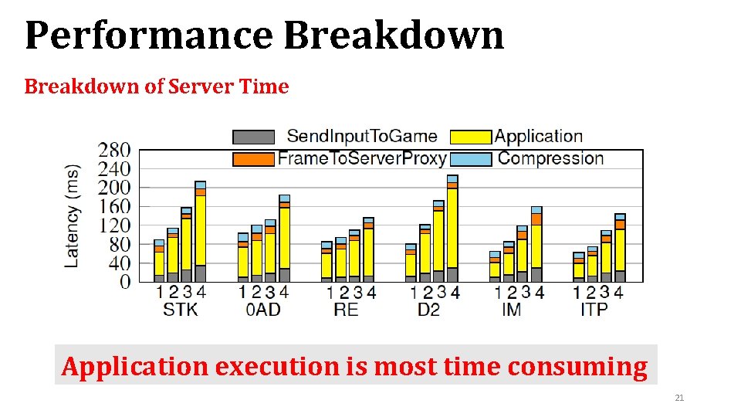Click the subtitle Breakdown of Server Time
[157, 86]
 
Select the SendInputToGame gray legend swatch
[253, 137]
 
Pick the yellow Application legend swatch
[470, 137]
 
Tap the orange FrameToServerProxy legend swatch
[253, 159]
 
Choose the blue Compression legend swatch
[470, 159]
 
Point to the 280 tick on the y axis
[114, 150]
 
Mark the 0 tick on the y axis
[125, 283]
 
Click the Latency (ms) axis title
[73, 215]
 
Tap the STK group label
[180, 310]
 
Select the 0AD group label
[263, 310]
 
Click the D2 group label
[429, 310]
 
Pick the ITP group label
[594, 310]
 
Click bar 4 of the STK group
[201, 232]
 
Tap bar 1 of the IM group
[495, 266]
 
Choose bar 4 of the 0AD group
[284, 239]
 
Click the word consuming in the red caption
[578, 367]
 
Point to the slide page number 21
[679, 398]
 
